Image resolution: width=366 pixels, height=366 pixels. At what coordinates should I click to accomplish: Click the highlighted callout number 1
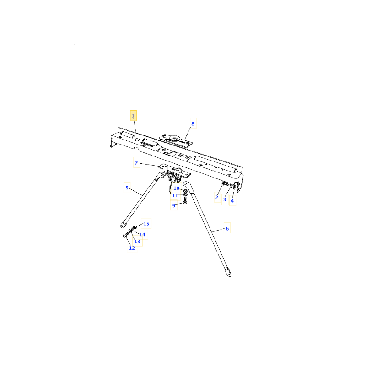point(133,116)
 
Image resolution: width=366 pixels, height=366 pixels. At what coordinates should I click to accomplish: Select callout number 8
point(193,124)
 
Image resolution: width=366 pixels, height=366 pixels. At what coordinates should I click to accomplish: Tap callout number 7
point(136,163)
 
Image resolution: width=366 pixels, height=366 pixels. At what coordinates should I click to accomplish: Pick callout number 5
point(127,188)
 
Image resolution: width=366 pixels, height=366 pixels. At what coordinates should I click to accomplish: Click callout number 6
point(227,228)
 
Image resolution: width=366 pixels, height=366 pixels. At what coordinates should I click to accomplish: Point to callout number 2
point(217,197)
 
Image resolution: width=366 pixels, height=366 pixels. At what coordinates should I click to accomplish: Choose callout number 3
point(225,199)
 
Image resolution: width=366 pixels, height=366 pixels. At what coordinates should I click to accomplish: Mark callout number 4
point(232,201)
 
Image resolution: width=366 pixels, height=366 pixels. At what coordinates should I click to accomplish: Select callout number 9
point(174,205)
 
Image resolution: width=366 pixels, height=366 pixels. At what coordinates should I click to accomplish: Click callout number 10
point(177,188)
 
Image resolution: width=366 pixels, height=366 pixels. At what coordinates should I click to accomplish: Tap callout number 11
point(175,196)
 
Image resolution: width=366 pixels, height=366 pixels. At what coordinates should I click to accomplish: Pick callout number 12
point(132,248)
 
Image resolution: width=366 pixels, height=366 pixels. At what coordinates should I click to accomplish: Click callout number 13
point(137,242)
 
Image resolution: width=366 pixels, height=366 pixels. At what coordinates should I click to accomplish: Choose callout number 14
point(142,234)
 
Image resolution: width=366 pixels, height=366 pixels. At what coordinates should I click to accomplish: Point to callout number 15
point(146,224)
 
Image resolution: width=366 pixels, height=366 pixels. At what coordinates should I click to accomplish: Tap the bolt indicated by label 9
point(185,200)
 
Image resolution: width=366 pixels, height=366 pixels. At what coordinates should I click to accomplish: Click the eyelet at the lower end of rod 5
point(123,225)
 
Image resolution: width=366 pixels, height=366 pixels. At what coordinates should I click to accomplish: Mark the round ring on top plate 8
point(174,139)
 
